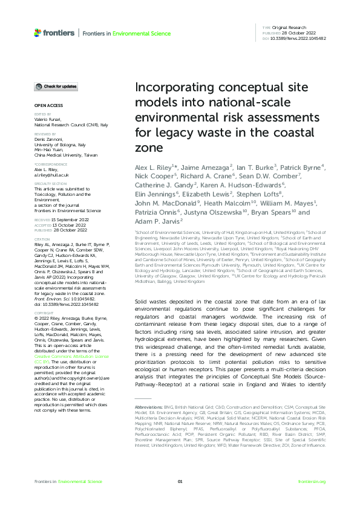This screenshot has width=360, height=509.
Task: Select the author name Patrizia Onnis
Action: click(155, 230)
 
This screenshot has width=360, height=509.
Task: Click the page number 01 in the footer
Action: click(180, 481)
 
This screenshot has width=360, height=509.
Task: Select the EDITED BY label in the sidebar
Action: click(42, 114)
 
